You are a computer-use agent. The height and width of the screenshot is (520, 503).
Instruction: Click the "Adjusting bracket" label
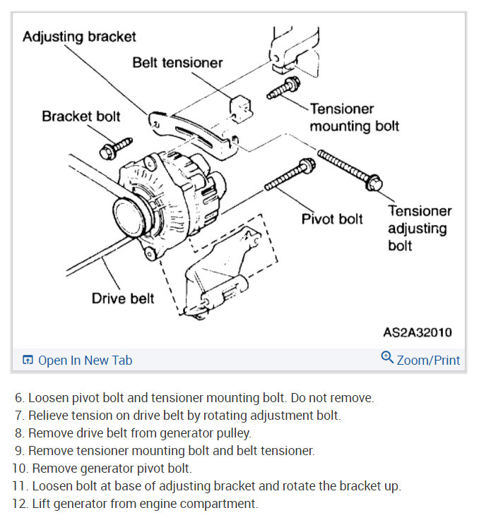(x=79, y=36)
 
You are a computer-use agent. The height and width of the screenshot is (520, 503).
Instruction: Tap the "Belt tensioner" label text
(x=177, y=63)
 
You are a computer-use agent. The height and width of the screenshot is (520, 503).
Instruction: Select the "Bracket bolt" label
(x=81, y=116)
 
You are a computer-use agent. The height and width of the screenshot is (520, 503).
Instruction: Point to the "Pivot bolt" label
(x=332, y=219)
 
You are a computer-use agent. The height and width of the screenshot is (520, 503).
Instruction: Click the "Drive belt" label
(x=123, y=298)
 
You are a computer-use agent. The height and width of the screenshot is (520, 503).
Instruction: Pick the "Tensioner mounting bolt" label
(x=354, y=117)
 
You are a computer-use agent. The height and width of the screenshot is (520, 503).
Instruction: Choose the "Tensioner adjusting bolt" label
(x=419, y=228)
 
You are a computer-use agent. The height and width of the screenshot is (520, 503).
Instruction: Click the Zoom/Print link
(x=428, y=361)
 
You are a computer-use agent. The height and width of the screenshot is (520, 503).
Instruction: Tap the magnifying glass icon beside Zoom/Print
(x=387, y=358)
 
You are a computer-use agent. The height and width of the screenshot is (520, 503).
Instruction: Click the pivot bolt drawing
(x=290, y=176)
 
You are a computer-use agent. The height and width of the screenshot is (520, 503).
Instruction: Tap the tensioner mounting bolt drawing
(x=283, y=88)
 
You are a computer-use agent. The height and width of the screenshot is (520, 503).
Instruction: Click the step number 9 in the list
(x=20, y=450)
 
